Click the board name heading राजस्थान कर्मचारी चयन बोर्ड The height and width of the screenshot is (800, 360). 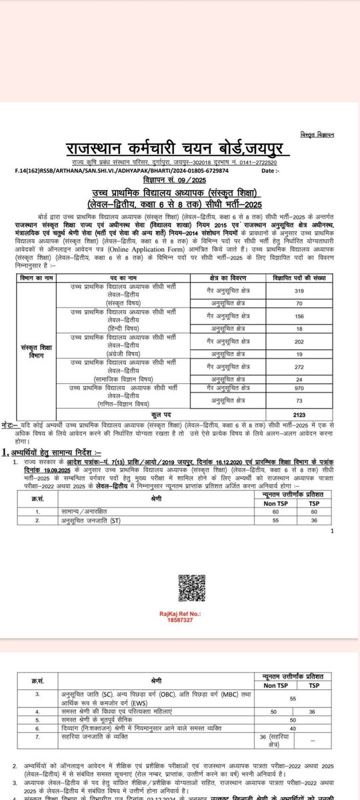[180, 149]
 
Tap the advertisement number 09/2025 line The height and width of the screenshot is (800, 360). [180, 181]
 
